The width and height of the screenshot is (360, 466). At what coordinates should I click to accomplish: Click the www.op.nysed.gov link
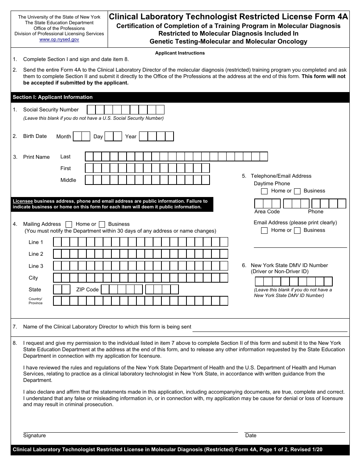59,39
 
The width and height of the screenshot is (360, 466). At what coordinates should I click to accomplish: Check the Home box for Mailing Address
69,224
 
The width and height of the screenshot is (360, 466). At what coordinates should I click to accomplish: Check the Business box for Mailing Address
102,224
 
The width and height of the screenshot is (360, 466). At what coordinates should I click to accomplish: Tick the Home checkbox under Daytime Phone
265,191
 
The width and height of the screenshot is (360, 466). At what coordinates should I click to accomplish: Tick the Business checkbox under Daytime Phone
297,191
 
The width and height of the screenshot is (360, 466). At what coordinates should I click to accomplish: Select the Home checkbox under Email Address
265,230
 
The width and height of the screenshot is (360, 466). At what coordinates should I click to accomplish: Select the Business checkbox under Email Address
297,230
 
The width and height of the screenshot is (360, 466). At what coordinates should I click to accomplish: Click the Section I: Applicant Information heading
53,97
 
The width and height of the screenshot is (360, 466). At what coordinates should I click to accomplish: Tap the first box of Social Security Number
91,110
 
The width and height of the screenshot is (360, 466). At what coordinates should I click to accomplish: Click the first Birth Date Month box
77,136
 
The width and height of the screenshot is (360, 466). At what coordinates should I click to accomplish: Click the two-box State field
62,289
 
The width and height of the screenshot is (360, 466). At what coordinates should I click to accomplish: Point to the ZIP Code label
87,289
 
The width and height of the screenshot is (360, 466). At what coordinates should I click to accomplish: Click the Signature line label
34,436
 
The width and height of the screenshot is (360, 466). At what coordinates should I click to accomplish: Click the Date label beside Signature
251,436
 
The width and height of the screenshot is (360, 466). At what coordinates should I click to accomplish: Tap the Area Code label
267,211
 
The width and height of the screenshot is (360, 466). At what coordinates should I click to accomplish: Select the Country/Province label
36,301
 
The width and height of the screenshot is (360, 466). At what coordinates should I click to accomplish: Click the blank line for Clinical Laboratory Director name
270,327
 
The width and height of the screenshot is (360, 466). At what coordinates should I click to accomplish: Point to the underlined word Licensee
23,201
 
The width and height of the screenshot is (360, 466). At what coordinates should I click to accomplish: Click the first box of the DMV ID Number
259,281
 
